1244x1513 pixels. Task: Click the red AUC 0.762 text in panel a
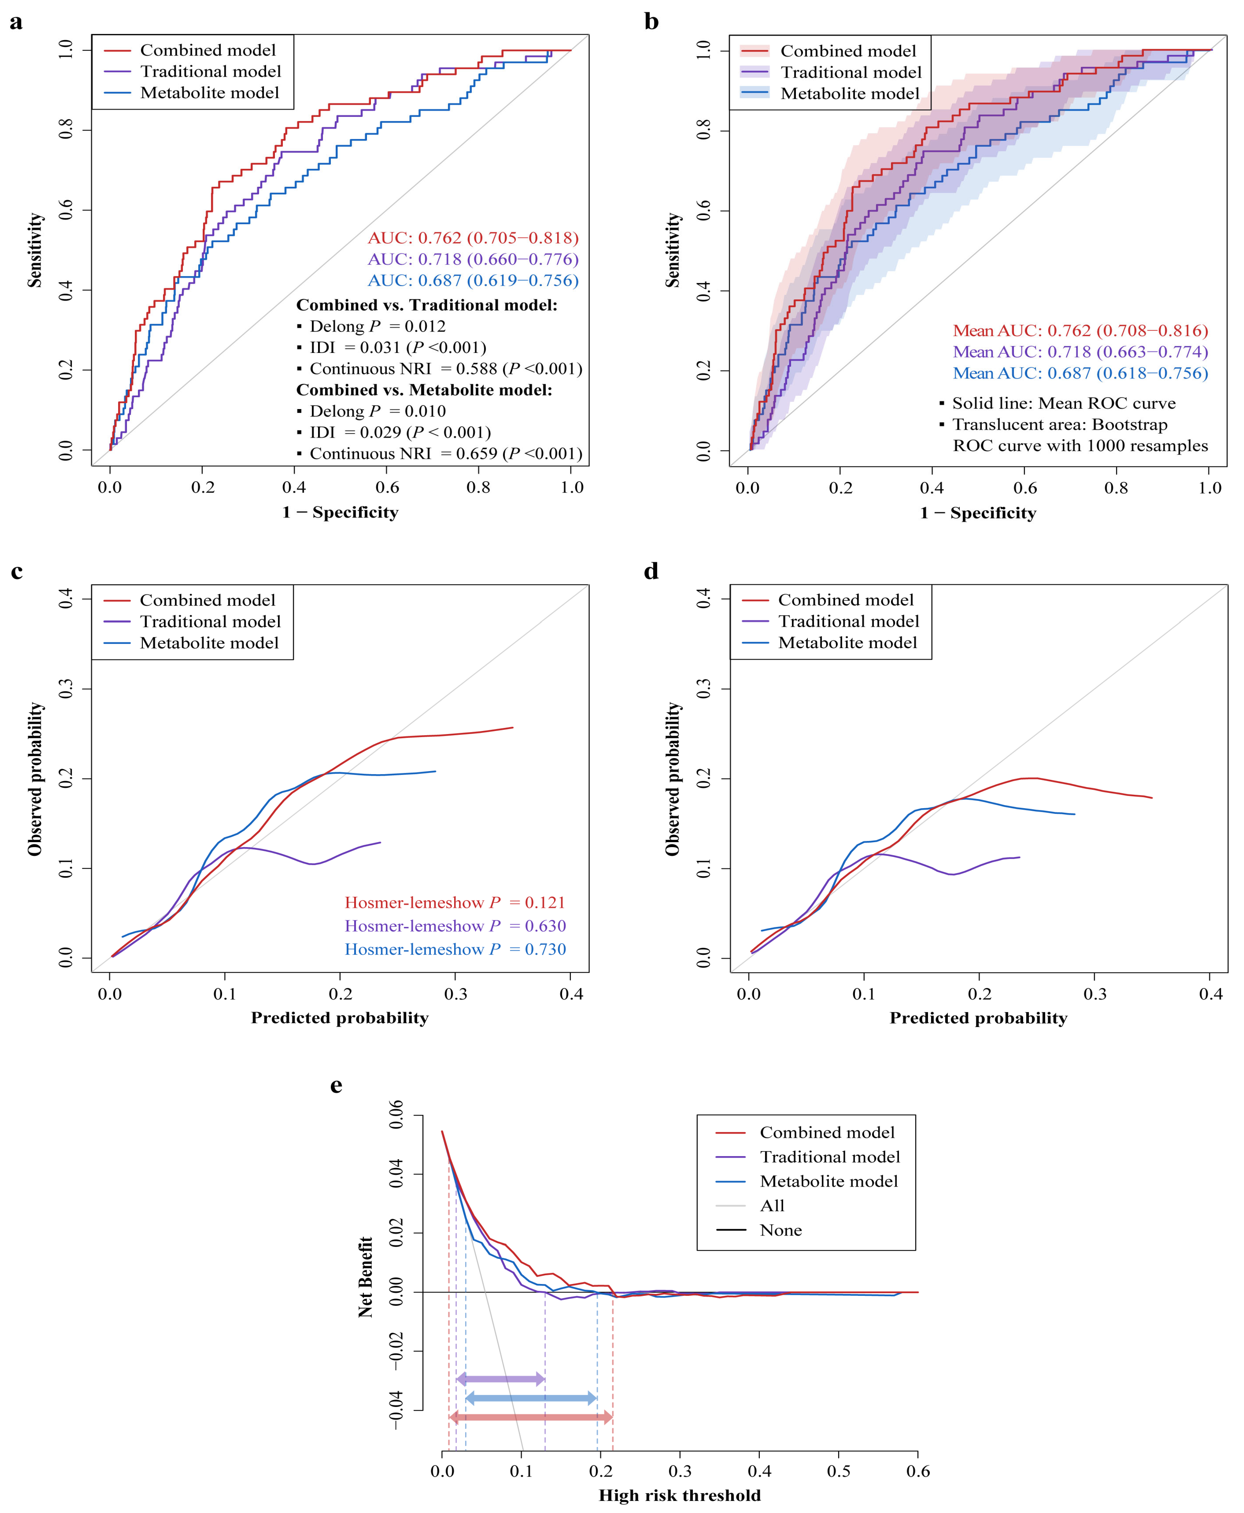(x=473, y=238)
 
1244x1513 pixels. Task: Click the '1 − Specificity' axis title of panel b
(x=978, y=513)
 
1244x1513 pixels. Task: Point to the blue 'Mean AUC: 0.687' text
(x=1080, y=373)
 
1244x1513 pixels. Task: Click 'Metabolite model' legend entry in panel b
(x=849, y=94)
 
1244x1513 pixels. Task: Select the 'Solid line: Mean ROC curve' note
(x=1064, y=403)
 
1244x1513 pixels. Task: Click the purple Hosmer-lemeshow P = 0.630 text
(x=455, y=926)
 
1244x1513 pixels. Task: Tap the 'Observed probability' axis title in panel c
(x=34, y=779)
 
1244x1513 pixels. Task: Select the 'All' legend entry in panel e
(x=772, y=1206)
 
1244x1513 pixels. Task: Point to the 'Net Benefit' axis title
(x=365, y=1277)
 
